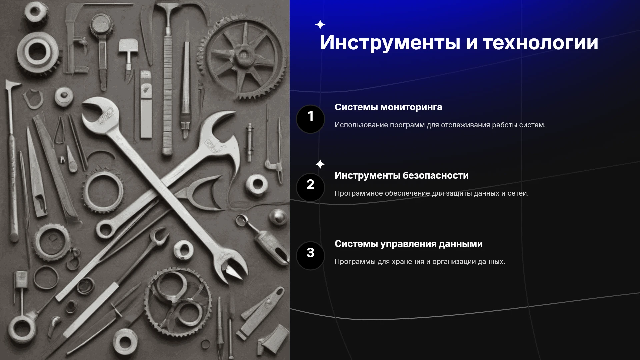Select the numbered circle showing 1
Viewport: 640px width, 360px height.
coord(310,119)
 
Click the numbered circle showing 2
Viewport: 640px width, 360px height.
coord(310,187)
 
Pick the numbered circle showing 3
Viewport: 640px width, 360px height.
coord(310,256)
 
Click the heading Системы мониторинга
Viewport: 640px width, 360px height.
coord(388,107)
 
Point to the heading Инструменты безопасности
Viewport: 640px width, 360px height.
coord(402,176)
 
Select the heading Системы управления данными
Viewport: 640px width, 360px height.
coord(409,244)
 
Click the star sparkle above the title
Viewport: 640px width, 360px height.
coord(320,25)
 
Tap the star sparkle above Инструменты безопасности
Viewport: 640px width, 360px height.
coord(320,164)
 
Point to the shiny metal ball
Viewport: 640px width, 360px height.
coord(278,217)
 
